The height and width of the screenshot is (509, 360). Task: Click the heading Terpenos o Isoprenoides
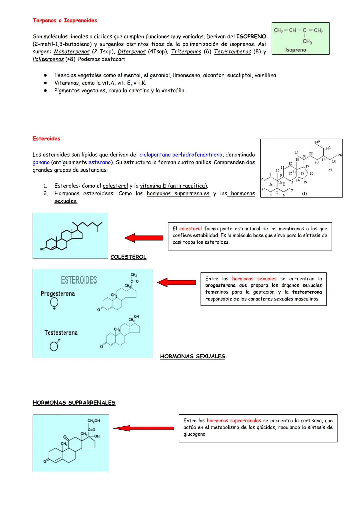65,20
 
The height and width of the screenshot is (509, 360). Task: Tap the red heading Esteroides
46,139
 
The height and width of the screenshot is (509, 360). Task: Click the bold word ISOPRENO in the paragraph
251,36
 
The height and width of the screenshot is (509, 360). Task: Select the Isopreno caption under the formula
296,50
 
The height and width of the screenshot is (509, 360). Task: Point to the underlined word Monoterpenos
72,52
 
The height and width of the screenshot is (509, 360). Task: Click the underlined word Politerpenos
48,59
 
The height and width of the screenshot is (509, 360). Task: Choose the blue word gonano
41,162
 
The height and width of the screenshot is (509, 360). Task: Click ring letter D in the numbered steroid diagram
302,173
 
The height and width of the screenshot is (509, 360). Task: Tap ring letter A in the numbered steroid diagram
271,184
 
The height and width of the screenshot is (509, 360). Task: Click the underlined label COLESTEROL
128,257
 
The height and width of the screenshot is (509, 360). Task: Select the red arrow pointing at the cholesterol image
144,238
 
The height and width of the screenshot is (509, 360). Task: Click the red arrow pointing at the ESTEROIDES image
176,282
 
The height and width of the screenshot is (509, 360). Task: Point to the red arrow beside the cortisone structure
143,428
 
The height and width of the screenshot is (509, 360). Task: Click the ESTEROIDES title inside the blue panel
79,280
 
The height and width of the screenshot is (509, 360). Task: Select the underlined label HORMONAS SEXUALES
192,356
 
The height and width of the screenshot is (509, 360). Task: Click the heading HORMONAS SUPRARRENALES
74,403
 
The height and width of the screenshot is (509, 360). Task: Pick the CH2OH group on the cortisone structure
93,421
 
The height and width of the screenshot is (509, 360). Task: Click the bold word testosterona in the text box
307,292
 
